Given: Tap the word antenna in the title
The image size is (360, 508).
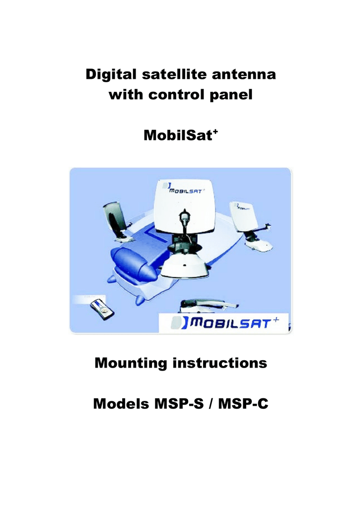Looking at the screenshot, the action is pyautogui.click(x=244, y=75).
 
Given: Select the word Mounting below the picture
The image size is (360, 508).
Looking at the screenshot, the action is pyautogui.click(x=131, y=363).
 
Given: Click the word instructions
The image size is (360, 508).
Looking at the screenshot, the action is pyautogui.click(x=220, y=363).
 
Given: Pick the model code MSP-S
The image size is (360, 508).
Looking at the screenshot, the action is pyautogui.click(x=179, y=404).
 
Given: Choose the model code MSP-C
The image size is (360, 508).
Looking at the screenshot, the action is pyautogui.click(x=243, y=404).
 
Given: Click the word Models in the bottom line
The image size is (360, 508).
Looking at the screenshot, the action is pyautogui.click(x=121, y=404).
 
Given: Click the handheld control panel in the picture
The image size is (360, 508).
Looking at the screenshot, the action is pyautogui.click(x=102, y=310).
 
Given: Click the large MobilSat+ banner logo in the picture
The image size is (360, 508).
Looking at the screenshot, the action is pyautogui.click(x=224, y=323).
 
